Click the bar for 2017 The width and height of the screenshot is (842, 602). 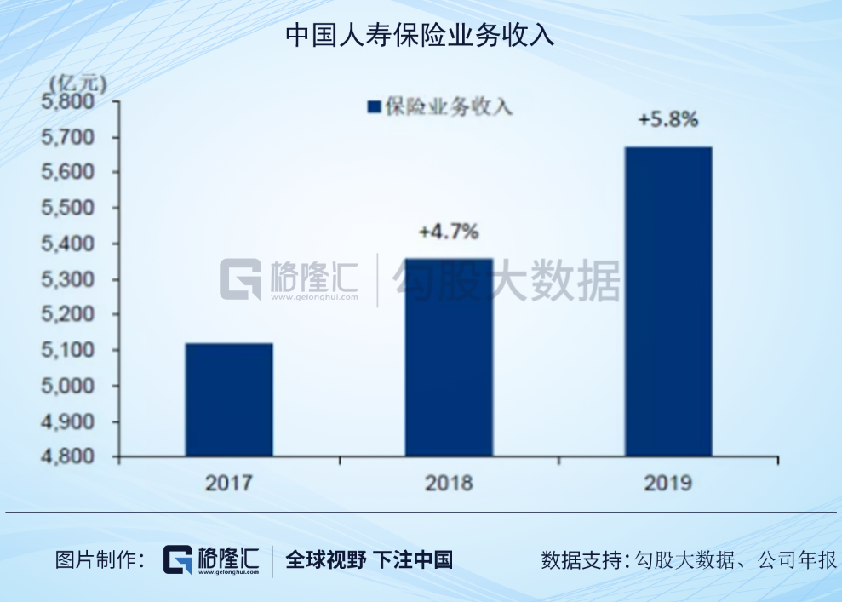tap(229, 399)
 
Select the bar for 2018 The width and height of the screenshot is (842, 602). tap(449, 357)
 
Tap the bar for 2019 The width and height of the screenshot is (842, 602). tap(668, 301)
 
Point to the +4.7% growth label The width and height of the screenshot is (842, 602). tap(449, 231)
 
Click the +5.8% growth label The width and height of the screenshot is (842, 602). tap(668, 120)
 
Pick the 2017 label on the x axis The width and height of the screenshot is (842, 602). tap(228, 483)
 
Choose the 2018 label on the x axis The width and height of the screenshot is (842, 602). tap(449, 483)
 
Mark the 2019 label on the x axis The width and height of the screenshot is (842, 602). tap(668, 483)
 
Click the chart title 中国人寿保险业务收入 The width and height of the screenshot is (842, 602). tap(420, 36)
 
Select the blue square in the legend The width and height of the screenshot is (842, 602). tap(373, 107)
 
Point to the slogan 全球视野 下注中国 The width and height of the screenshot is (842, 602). tap(369, 559)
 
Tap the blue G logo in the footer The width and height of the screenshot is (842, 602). tap(179, 560)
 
